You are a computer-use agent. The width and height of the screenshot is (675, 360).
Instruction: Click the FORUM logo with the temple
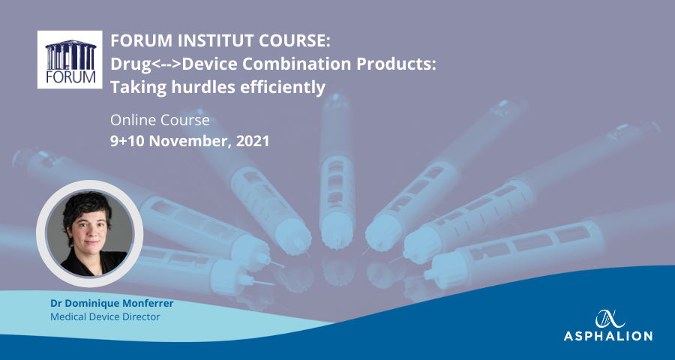70,59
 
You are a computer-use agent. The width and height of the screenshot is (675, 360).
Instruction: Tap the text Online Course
160,120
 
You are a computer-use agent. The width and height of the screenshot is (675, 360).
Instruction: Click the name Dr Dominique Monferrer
112,303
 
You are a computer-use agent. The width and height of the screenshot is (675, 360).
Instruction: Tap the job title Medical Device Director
105,317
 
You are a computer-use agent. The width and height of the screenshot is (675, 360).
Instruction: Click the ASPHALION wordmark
608,336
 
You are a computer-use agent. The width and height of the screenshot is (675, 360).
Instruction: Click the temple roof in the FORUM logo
70,43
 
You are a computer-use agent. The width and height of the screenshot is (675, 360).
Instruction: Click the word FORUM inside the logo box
70,77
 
